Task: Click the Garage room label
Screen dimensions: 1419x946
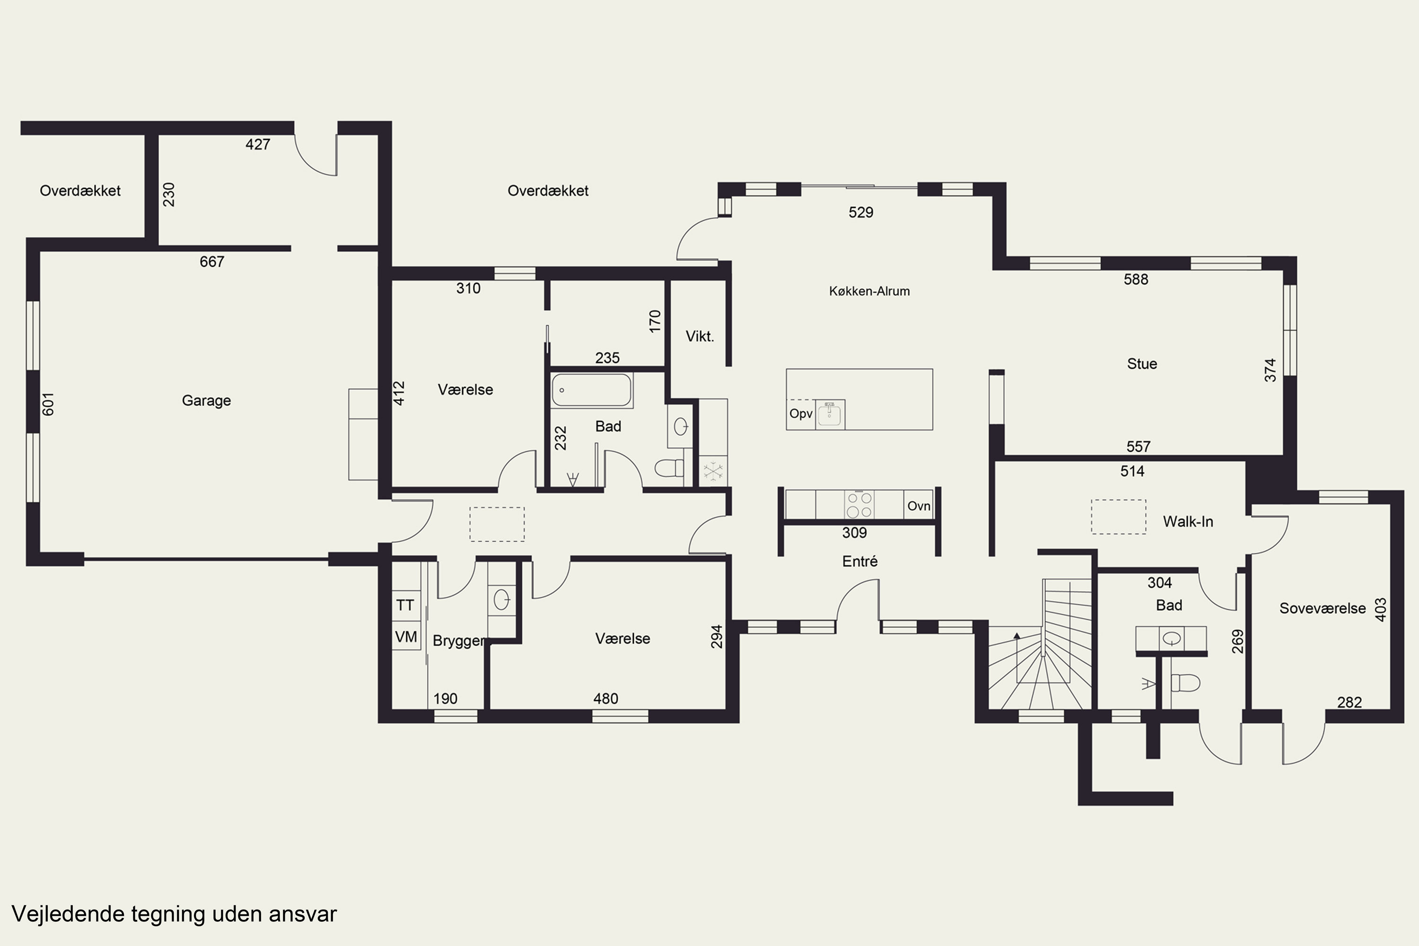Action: point(206,401)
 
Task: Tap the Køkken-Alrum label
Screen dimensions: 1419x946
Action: point(869,291)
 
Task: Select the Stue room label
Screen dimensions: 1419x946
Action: point(1142,364)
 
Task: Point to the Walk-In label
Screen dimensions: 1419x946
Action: point(1188,522)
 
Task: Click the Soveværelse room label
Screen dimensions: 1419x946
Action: point(1323,608)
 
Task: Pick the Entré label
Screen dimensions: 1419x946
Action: point(860,562)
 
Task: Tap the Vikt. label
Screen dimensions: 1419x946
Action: point(700,337)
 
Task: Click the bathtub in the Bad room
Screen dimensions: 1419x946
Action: point(591,390)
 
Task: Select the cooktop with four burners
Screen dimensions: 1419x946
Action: point(859,505)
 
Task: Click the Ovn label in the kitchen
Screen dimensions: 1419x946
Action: point(919,506)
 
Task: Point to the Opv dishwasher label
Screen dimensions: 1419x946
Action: point(801,414)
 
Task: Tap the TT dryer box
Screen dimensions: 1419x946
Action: point(406,605)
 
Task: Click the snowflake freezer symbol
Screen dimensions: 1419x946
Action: point(712,471)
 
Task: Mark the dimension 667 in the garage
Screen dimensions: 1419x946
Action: point(212,262)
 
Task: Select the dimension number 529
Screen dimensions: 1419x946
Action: point(861,212)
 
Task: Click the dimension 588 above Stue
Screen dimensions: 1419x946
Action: point(1136,280)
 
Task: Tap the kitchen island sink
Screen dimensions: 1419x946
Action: point(830,414)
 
